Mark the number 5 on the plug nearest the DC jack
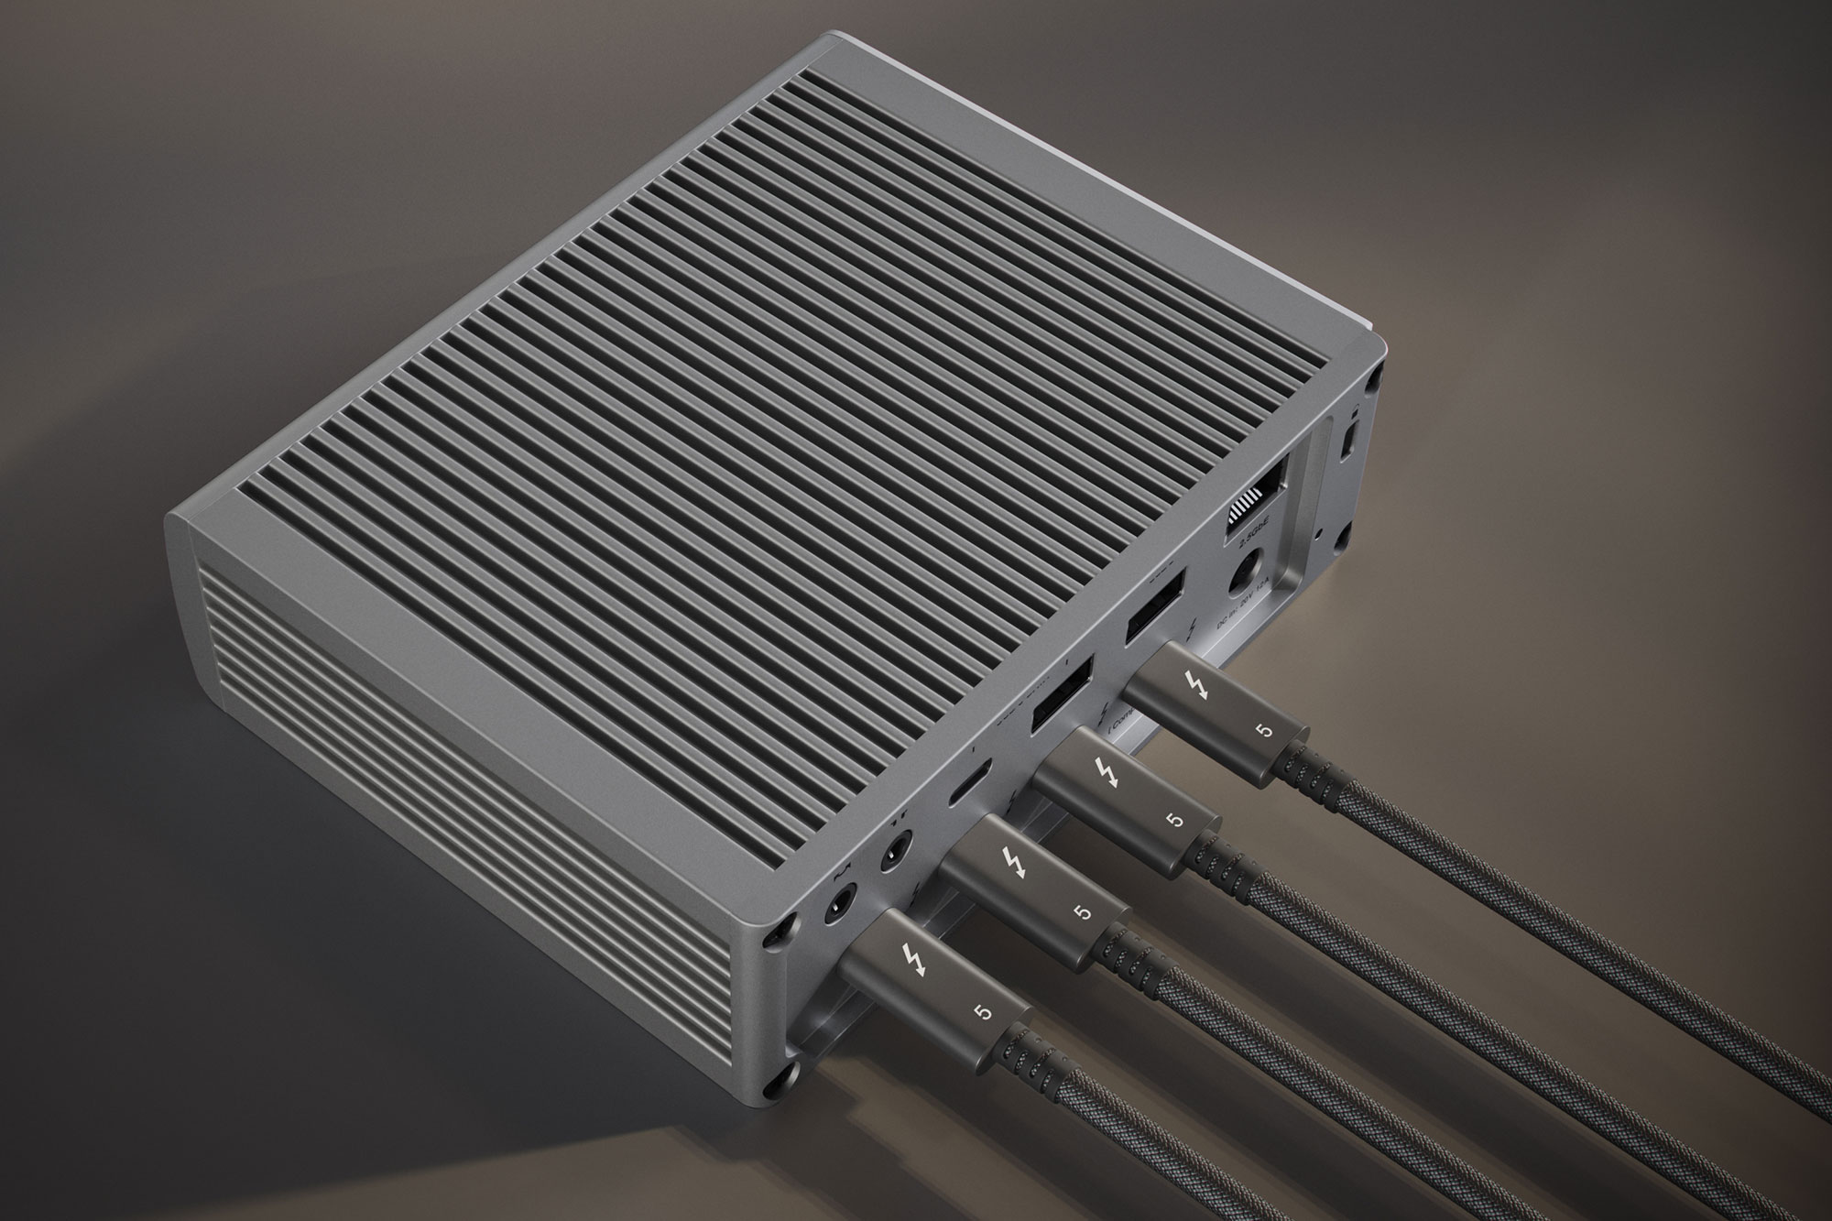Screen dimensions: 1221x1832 tap(1266, 730)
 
